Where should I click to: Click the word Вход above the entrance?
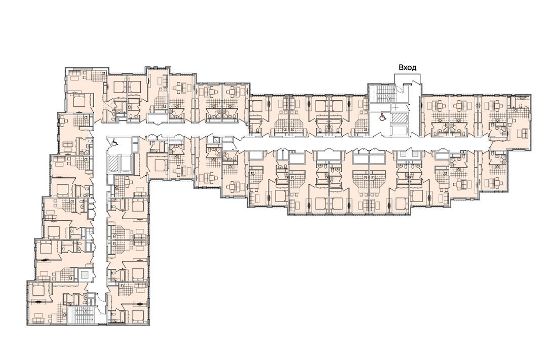[407, 68]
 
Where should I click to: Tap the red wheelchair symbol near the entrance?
[383, 117]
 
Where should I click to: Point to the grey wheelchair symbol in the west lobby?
[114, 142]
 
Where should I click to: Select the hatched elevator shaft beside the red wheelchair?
[400, 118]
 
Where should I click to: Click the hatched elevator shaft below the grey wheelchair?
[114, 163]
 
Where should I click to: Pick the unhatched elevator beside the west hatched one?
[126, 163]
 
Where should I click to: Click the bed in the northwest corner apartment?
[80, 101]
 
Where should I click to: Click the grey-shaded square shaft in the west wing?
[84, 275]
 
